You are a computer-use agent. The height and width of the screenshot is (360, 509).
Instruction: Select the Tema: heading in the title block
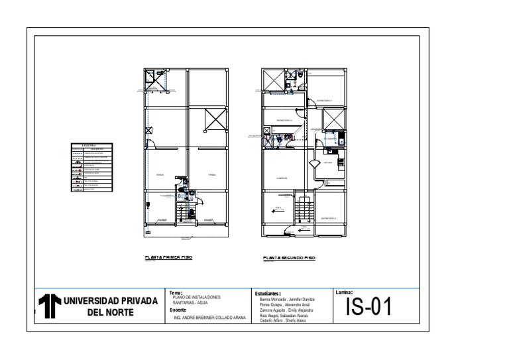point(176,292)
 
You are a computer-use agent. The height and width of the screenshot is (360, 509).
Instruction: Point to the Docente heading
point(177,310)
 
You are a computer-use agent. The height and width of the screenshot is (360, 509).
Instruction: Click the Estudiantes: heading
point(268,292)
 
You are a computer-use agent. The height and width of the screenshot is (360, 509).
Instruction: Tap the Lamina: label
point(344,292)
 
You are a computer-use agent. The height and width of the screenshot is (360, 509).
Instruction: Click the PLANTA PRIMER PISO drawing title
point(168,257)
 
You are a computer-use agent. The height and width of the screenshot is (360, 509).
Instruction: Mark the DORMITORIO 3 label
point(329,217)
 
